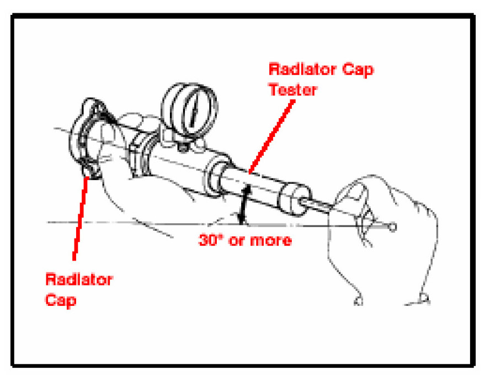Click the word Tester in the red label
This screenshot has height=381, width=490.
293,89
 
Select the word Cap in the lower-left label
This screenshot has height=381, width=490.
61,301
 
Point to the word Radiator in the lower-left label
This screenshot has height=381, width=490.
79,280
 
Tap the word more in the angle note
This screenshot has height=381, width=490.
270,241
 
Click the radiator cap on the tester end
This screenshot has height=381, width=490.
91,138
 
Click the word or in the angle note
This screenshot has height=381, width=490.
238,241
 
